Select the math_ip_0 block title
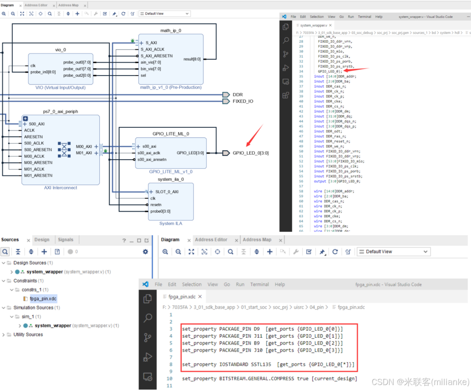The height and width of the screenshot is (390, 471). [x=171, y=31]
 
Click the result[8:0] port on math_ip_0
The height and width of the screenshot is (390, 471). [x=192, y=59]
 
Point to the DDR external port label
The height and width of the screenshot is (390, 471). [x=238, y=94]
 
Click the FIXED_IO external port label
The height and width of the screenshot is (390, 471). [x=242, y=101]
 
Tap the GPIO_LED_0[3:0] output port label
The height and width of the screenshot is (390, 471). [x=251, y=153]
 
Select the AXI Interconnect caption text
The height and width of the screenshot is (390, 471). [x=61, y=188]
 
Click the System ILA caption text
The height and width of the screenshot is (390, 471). [x=171, y=223]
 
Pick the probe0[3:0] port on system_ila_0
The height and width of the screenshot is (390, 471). [x=160, y=211]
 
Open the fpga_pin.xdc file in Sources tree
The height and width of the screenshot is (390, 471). [x=43, y=299]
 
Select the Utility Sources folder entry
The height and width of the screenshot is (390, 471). [x=28, y=335]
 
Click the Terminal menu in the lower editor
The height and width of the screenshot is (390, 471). [x=260, y=284]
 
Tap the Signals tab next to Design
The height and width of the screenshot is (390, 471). [x=66, y=240]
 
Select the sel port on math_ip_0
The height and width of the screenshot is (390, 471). [x=144, y=75]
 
